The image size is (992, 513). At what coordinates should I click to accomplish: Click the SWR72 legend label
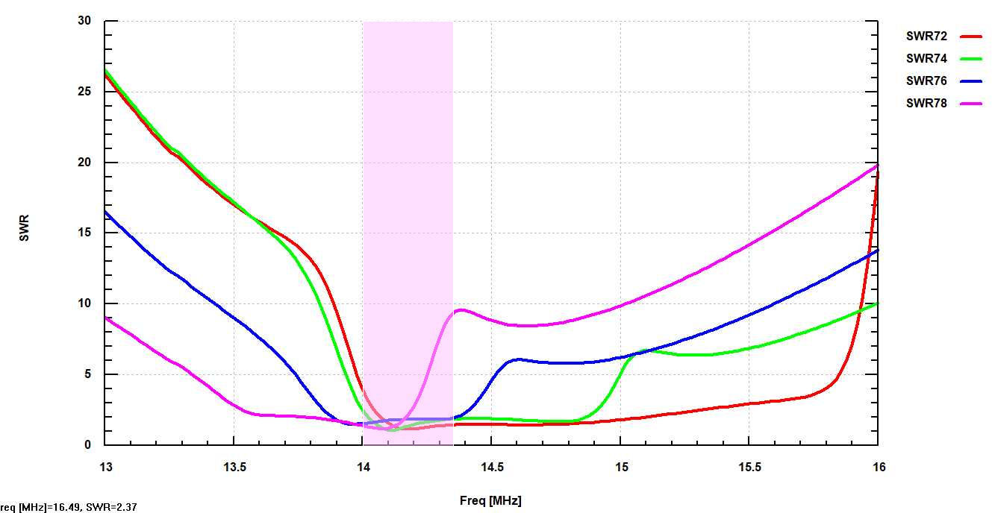[926, 36]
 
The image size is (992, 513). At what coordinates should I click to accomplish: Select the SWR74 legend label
[926, 58]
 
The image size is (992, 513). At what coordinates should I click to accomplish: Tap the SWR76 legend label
[926, 81]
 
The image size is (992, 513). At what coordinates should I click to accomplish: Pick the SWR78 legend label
[926, 104]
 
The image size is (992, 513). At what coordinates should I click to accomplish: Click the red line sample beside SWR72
[971, 36]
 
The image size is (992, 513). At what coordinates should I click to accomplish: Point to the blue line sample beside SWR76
[971, 81]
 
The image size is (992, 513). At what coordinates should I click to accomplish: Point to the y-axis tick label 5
[87, 374]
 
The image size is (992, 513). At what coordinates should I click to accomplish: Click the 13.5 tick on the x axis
[234, 467]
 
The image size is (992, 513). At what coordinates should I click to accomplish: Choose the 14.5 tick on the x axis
[491, 467]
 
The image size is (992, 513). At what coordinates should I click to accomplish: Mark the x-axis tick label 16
[879, 467]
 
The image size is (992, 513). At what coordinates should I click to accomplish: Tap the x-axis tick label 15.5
[749, 467]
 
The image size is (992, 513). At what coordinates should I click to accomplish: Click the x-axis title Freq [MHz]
[490, 500]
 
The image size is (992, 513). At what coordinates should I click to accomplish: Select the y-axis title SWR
[25, 233]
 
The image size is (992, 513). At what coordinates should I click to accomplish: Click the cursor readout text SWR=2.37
[112, 507]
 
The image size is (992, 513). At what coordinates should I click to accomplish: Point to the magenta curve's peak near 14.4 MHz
[461, 309]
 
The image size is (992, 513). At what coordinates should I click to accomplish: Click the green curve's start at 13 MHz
[106, 70]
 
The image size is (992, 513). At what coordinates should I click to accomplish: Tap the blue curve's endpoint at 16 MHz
[878, 250]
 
